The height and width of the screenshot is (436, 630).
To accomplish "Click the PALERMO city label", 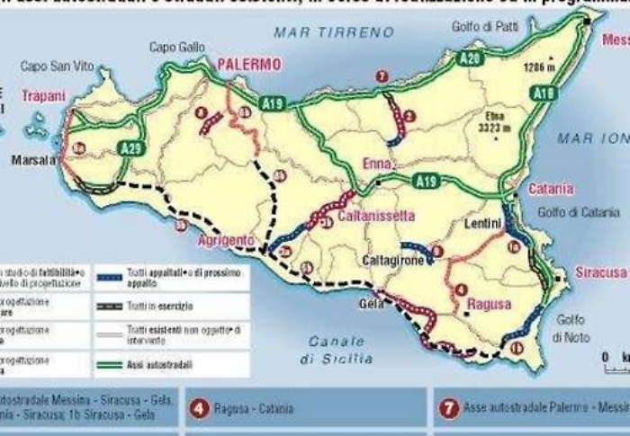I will pos(248,65).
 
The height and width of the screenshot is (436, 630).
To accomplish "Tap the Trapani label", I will pos(43,95).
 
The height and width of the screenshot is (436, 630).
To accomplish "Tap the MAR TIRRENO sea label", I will pos(335,32).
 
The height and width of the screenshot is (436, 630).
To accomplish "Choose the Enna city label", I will pos(378,164).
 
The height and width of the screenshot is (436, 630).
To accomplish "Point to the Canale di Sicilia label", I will pos(337,350).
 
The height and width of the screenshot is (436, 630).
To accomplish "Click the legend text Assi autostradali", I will pos(159,365).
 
